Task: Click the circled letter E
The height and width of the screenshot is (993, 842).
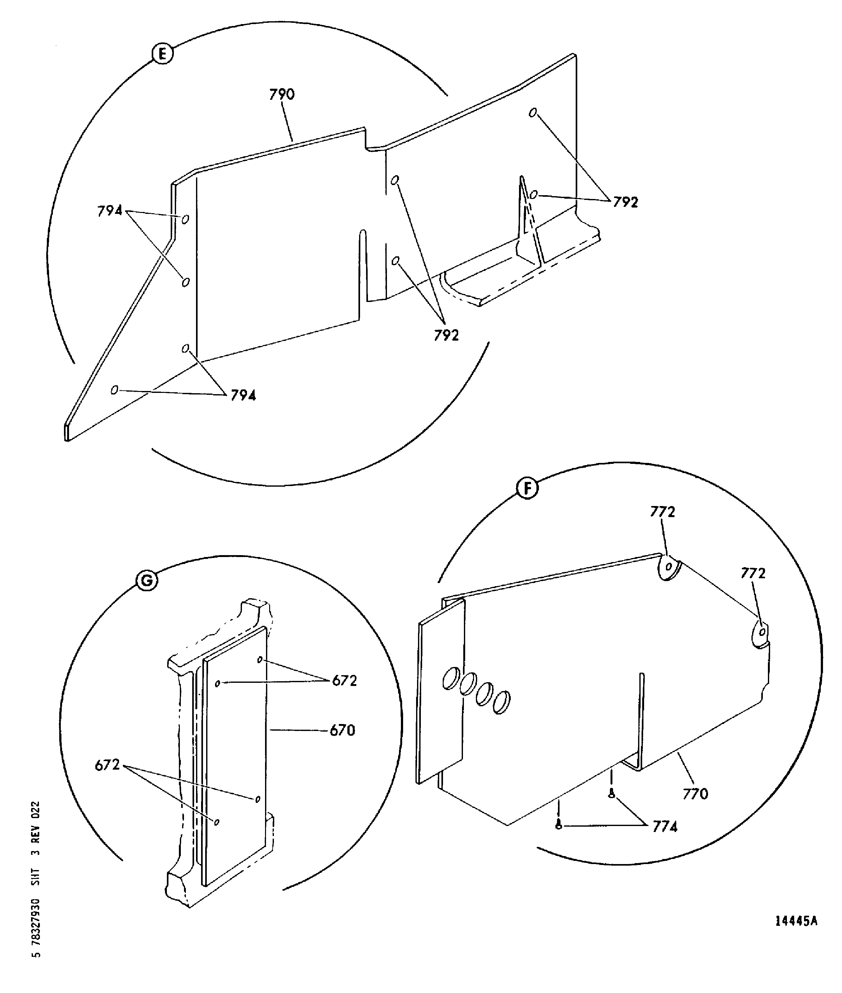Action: coord(162,54)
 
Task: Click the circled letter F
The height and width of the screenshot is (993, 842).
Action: coord(527,489)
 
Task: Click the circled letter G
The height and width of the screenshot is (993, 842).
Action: coord(147,580)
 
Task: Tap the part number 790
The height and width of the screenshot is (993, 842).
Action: coord(282,94)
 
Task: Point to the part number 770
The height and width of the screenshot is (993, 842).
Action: coord(695,794)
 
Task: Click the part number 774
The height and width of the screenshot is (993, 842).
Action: coord(665,827)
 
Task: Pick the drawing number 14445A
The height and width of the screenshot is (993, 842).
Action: coord(796,934)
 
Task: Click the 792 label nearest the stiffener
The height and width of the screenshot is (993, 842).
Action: coord(625,202)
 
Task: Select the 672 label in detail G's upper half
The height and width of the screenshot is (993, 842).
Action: coord(344,681)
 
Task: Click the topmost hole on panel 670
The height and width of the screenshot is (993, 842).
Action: coord(260,660)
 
